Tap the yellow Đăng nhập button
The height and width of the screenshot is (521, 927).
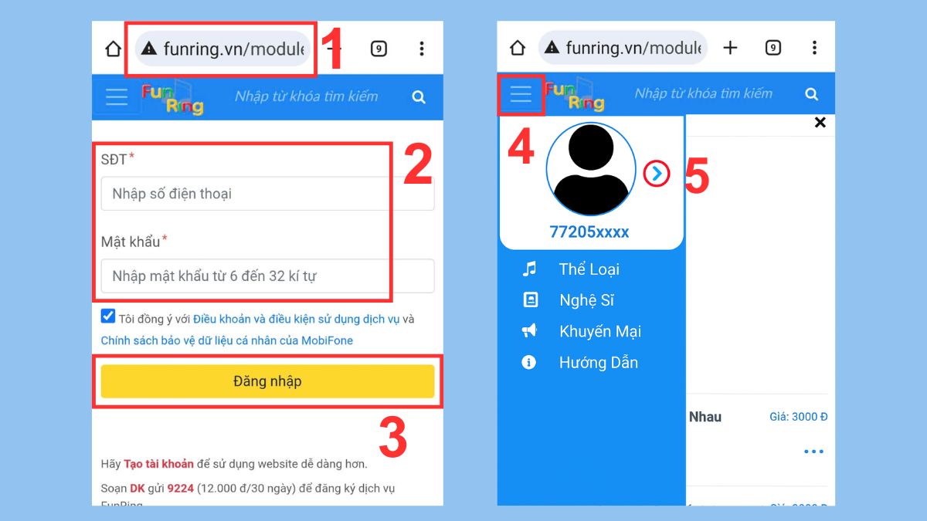267,381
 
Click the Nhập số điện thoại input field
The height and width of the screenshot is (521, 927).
267,194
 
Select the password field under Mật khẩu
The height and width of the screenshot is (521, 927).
267,276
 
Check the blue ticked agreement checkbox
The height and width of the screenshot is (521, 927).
107,317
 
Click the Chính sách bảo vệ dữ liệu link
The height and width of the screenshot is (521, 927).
226,340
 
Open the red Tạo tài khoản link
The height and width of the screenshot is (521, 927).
159,464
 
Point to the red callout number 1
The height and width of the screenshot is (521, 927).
331,49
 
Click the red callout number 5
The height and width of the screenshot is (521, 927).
697,177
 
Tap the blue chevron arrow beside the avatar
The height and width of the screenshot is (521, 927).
657,174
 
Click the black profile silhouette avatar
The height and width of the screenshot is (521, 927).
591,170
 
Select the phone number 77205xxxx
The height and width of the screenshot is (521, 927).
589,232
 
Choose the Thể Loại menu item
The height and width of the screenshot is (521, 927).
589,269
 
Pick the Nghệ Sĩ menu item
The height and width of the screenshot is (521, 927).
586,300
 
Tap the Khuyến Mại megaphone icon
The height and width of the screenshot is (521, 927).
529,331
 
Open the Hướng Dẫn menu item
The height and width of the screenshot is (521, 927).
598,363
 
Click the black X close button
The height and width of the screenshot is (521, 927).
820,123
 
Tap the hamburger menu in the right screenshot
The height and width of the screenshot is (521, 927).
521,94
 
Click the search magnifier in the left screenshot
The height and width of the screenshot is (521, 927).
419,97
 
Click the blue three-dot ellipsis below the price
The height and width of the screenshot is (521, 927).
813,452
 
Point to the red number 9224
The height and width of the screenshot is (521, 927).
180,489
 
